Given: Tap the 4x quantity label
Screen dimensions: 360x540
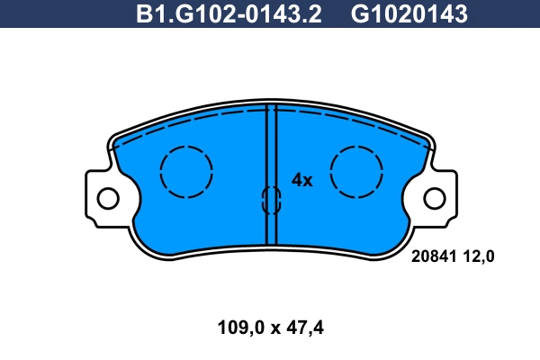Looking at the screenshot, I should (301, 180).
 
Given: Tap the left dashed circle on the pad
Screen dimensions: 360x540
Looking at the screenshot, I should (186, 171).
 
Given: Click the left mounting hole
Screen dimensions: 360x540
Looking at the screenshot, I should (107, 197).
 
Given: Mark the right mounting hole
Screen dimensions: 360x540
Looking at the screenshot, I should (435, 197).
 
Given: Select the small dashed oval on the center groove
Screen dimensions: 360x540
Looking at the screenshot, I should (270, 200).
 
